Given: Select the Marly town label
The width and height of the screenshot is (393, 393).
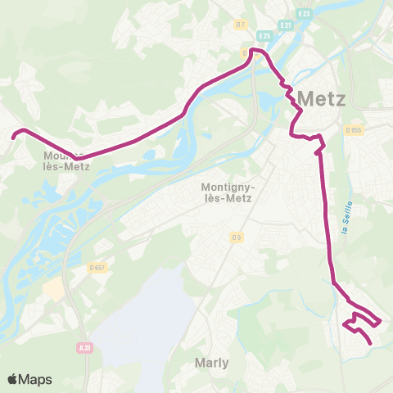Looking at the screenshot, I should (x=211, y=362).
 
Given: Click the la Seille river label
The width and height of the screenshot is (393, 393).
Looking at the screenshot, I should (x=346, y=217).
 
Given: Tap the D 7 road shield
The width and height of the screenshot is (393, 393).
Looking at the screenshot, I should (x=240, y=25).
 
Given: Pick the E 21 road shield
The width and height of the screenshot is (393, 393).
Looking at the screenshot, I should (x=286, y=25).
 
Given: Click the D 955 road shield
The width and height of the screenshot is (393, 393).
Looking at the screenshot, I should (x=354, y=129).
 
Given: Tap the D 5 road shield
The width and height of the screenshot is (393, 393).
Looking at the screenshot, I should (x=236, y=237).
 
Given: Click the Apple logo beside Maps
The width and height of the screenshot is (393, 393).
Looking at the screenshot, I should (x=14, y=379).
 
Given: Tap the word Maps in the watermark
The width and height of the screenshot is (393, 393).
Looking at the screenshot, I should (x=36, y=379).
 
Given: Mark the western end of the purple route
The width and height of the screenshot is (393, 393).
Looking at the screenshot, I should (x=13, y=137).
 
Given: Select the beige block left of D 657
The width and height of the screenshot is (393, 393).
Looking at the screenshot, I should (x=54, y=288).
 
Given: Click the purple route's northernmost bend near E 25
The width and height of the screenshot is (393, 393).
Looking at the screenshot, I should (x=256, y=51).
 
